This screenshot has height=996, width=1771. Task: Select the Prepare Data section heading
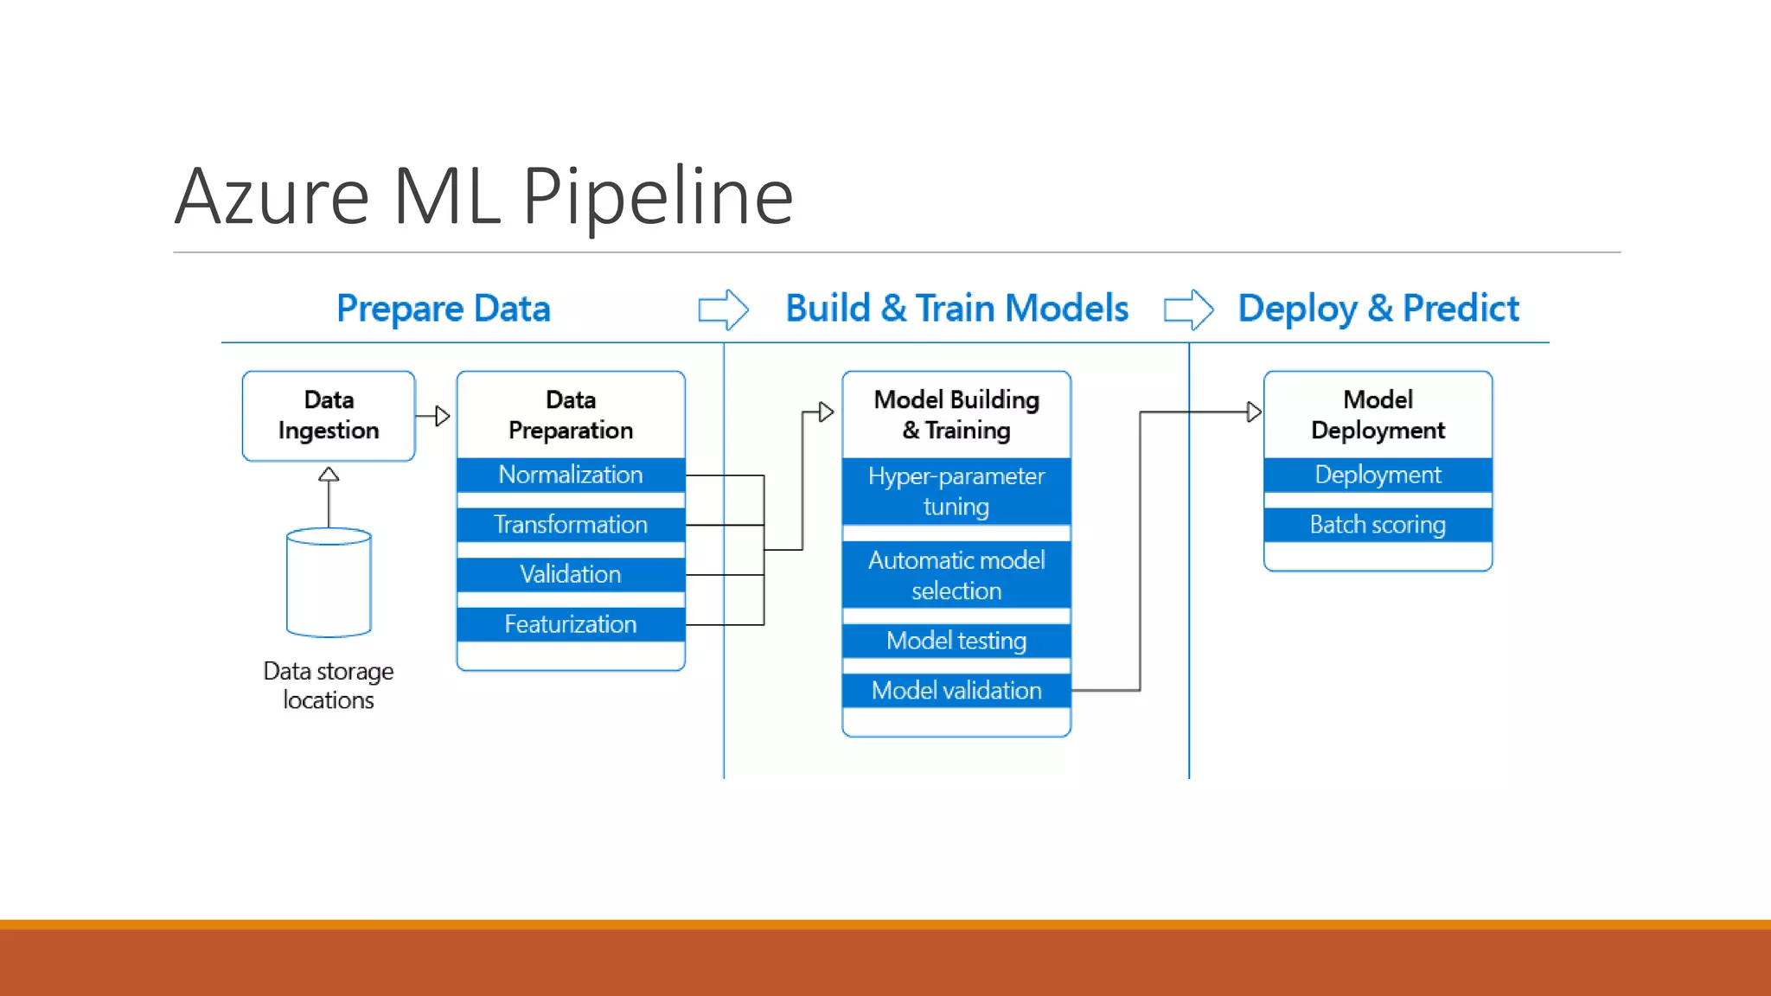pyautogui.click(x=443, y=309)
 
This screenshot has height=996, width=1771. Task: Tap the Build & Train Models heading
pyautogui.click(x=956, y=309)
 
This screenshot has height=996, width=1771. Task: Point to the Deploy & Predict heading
pyautogui.click(x=1378, y=309)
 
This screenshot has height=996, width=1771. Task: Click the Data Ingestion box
pyautogui.click(x=329, y=416)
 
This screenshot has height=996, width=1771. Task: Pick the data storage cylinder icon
pyautogui.click(x=329, y=583)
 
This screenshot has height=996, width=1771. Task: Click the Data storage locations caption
pyautogui.click(x=329, y=686)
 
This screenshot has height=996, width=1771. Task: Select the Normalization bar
pyautogui.click(x=571, y=475)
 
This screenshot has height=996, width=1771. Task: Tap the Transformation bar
pyautogui.click(x=571, y=525)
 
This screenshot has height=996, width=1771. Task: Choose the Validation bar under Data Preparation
pyautogui.click(x=571, y=574)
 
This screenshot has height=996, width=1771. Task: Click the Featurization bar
pyautogui.click(x=571, y=624)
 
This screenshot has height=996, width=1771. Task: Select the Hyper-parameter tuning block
pyautogui.click(x=956, y=491)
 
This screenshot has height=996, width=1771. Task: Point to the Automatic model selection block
pyautogui.click(x=956, y=575)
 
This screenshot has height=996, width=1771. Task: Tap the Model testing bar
pyautogui.click(x=956, y=641)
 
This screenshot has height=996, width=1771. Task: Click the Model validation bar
pyautogui.click(x=956, y=691)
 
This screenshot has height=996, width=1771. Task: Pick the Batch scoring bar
pyautogui.click(x=1378, y=525)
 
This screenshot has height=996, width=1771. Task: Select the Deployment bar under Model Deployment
pyautogui.click(x=1378, y=475)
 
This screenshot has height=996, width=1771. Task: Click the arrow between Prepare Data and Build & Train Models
pyautogui.click(x=723, y=310)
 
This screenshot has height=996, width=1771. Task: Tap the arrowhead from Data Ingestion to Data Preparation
pyautogui.click(x=442, y=416)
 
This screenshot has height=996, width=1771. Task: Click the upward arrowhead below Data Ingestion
pyautogui.click(x=329, y=475)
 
